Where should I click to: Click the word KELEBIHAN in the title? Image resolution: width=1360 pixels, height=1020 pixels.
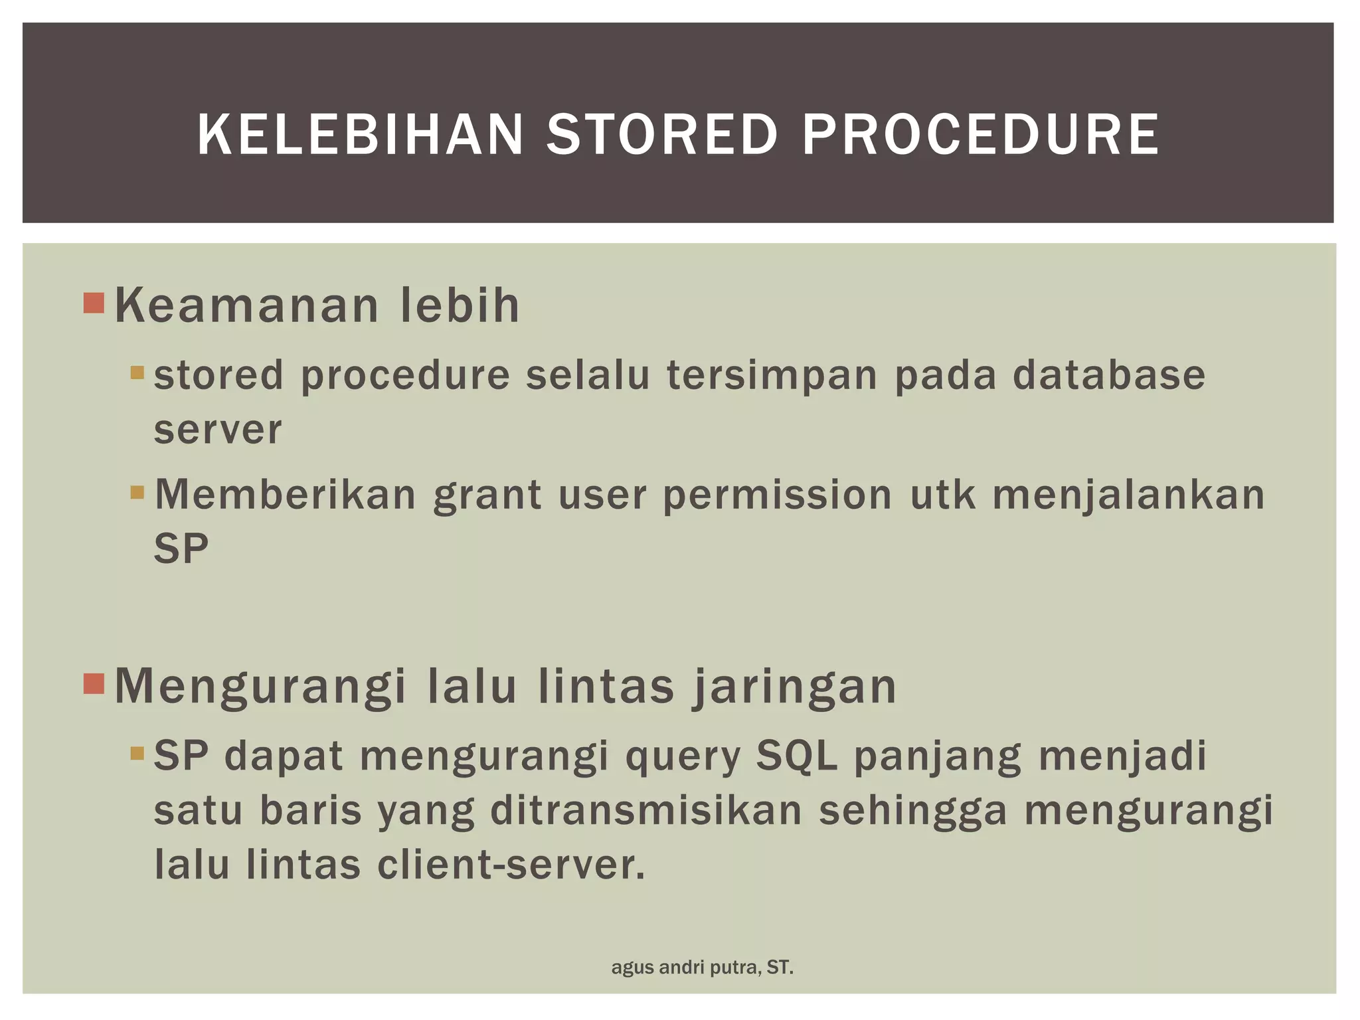click(361, 135)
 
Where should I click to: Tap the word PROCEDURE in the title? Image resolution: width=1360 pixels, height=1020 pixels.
click(980, 135)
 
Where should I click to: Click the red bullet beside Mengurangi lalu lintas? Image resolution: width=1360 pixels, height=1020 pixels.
click(94, 683)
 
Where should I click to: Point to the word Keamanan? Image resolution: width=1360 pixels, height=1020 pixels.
click(246, 306)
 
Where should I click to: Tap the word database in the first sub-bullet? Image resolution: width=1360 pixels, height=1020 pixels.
click(1108, 375)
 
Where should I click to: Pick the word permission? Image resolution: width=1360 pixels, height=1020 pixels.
click(778, 496)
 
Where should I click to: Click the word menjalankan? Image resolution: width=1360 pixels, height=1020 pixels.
click(1128, 496)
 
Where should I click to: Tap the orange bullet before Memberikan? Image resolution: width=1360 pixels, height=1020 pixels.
click(137, 493)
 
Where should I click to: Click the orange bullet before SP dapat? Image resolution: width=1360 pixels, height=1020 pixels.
click(137, 754)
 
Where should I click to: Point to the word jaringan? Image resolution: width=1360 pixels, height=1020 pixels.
click(795, 687)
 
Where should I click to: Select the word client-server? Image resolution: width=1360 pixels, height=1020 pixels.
click(511, 865)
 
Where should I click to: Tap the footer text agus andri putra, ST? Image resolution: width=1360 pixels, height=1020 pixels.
click(702, 968)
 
